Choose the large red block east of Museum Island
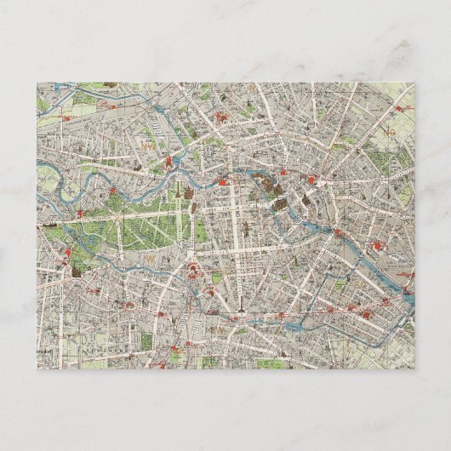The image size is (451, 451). click(x=316, y=180)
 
